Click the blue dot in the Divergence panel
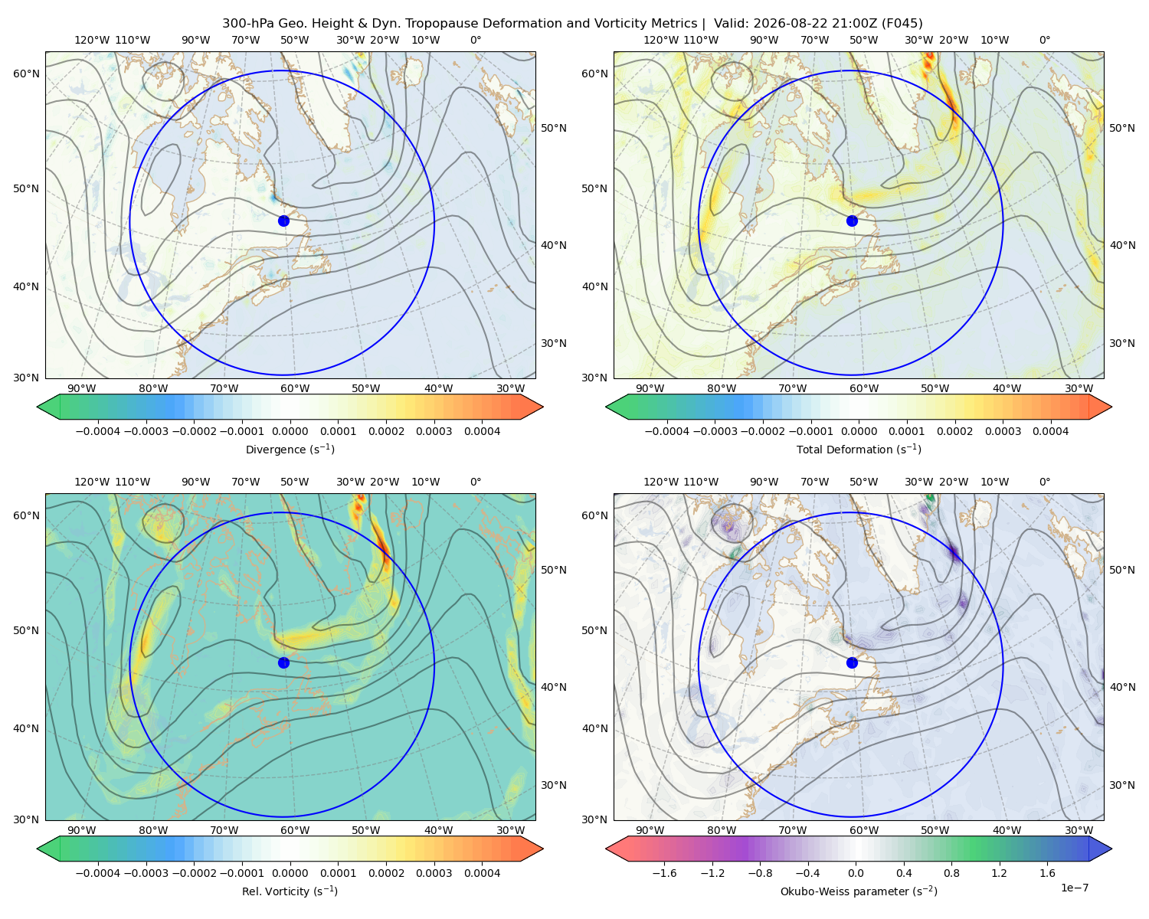[283, 221]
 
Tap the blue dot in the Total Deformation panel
[852, 221]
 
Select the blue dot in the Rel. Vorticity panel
[283, 662]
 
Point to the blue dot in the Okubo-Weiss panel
[852, 662]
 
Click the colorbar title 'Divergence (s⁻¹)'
[290, 449]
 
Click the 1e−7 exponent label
[1074, 888]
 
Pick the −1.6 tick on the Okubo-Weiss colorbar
[664, 872]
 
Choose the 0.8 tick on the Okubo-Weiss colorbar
[951, 872]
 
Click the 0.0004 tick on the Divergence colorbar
[482, 431]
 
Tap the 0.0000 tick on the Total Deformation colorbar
[859, 431]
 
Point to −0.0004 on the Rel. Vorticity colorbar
[98, 872]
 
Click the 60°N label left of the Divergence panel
[26, 74]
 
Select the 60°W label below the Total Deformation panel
[864, 388]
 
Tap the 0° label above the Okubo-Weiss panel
[1044, 481]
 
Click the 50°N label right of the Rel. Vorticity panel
[554, 569]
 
